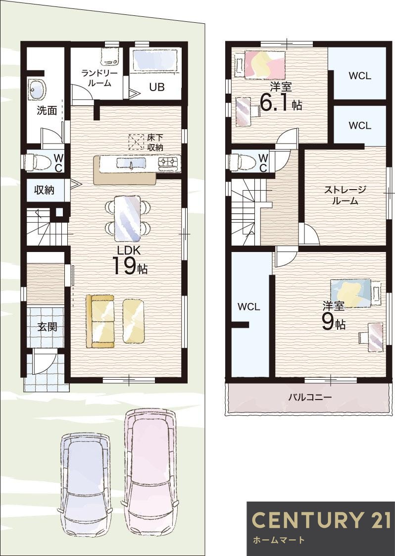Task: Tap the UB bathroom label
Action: (156, 87)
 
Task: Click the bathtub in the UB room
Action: (155, 60)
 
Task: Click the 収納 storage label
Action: (45, 190)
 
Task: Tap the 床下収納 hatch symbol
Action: (135, 142)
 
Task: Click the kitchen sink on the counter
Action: (131, 163)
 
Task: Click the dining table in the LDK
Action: (128, 218)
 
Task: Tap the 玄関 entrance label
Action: (47, 327)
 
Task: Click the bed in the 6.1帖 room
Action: (264, 64)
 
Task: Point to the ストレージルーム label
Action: (345, 195)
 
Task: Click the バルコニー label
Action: (310, 397)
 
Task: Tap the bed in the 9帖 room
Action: (351, 293)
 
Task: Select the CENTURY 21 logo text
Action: (321, 520)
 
